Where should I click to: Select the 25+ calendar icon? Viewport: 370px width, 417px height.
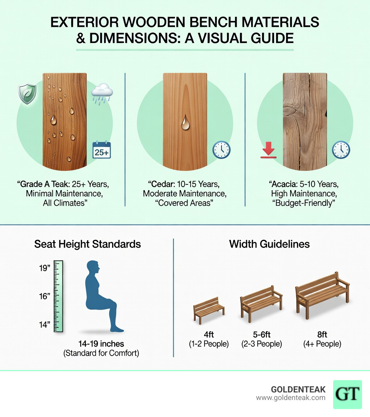pyautogui.click(x=102, y=150)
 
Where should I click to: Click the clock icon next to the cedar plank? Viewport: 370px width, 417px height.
pyautogui.click(x=221, y=150)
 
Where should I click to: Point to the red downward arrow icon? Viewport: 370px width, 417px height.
pyautogui.click(x=268, y=150)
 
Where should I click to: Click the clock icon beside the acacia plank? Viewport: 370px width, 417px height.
pyautogui.click(x=341, y=150)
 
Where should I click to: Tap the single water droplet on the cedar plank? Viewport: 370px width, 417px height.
pyautogui.click(x=185, y=122)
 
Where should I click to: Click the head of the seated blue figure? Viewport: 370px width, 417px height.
pyautogui.click(x=93, y=268)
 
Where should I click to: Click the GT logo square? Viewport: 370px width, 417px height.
pyautogui.click(x=347, y=394)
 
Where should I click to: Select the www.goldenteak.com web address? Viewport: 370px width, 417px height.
pyautogui.click(x=291, y=398)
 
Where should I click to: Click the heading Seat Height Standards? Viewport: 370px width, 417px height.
pyautogui.click(x=87, y=244)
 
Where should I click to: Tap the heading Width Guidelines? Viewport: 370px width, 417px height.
pyautogui.click(x=269, y=244)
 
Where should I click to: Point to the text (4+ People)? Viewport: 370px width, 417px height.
pyautogui.click(x=322, y=344)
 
